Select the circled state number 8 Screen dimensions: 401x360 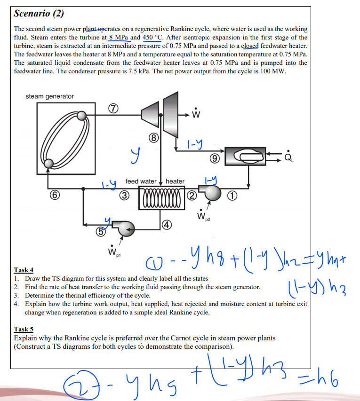point(153,138)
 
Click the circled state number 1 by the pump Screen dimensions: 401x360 point(232,196)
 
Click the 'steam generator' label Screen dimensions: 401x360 point(49,96)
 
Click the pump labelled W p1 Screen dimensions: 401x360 point(126,228)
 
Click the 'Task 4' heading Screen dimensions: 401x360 point(24,270)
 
